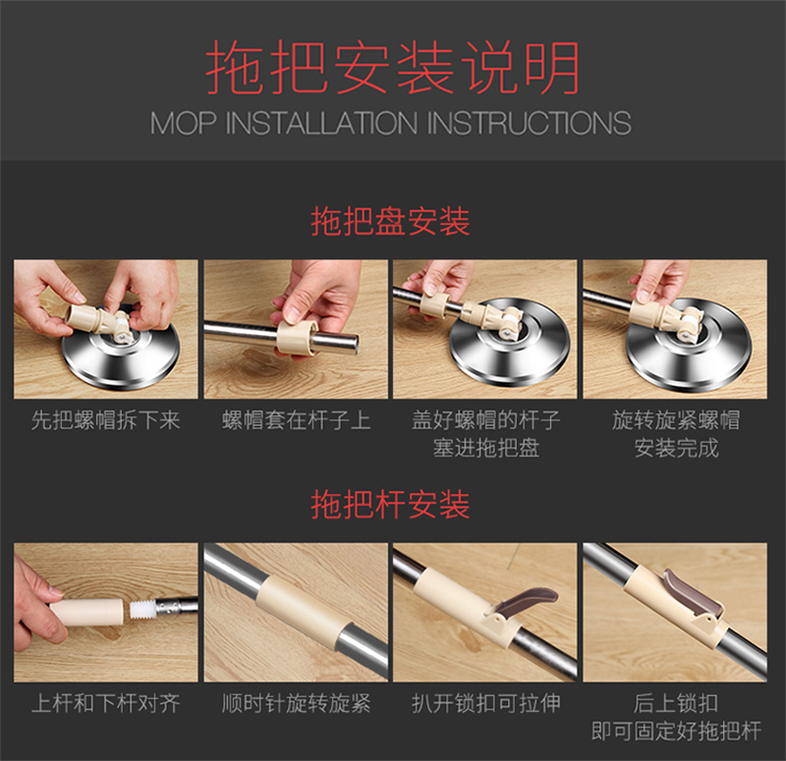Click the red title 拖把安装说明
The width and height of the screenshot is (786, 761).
click(392, 68)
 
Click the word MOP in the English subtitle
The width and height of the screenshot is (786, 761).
click(184, 124)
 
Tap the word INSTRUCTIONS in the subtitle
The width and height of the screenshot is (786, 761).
click(529, 124)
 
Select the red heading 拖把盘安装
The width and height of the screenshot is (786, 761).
click(390, 221)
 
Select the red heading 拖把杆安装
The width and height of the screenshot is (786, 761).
click(390, 505)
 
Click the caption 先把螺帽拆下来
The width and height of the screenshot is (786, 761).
click(106, 420)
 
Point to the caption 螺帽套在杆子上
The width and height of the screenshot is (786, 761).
click(297, 420)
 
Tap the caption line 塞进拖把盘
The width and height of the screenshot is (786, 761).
click(485, 448)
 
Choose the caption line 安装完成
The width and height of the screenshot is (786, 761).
click(676, 448)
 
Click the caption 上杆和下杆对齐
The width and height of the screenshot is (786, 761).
click(106, 703)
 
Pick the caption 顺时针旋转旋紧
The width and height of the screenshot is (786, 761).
click(297, 703)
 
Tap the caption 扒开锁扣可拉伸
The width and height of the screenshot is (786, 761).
click(485, 703)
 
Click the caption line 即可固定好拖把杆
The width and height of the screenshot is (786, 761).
click(676, 731)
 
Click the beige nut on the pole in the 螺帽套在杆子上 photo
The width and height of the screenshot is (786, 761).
click(298, 337)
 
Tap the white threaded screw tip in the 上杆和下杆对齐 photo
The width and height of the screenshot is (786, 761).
click(142, 610)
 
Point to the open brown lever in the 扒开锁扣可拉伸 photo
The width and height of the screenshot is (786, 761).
click(527, 601)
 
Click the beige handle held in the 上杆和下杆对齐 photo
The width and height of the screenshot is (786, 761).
click(86, 612)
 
